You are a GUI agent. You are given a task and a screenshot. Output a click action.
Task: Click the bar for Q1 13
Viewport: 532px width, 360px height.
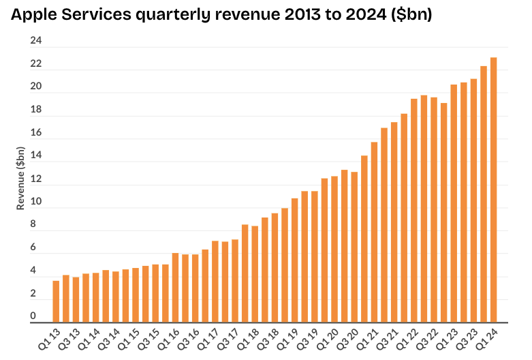(56, 301)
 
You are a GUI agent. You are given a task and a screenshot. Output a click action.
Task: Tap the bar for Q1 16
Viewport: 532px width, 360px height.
(175, 287)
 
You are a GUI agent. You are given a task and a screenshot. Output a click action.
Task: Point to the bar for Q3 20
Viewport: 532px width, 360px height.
(354, 247)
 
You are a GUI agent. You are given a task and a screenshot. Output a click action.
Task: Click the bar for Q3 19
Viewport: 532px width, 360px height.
(315, 256)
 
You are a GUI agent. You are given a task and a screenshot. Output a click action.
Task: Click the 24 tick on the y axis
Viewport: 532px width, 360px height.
(36, 41)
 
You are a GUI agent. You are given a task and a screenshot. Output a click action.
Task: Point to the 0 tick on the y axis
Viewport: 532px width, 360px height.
(33, 316)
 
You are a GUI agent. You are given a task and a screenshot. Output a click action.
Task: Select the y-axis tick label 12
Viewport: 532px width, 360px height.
(36, 179)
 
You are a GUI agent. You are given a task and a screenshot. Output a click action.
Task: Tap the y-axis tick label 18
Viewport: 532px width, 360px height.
(36, 110)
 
